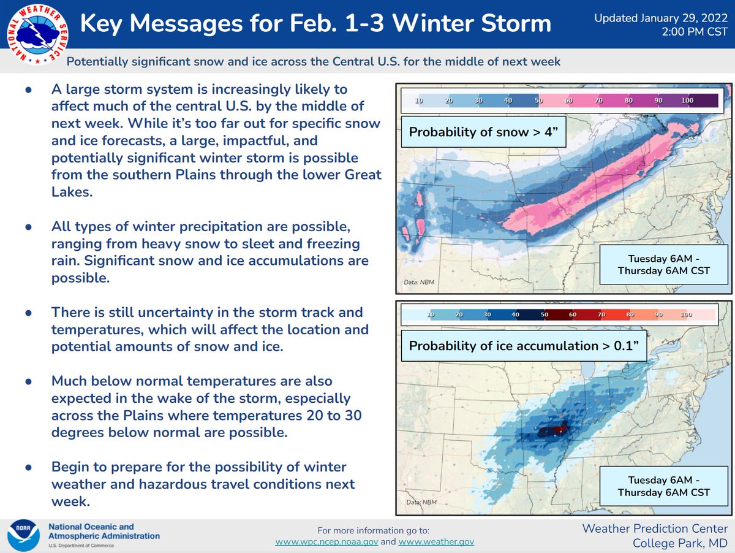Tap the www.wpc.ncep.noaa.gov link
(x=334, y=542)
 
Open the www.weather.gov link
(x=435, y=542)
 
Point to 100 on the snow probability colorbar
(x=687, y=100)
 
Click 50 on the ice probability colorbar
(x=544, y=315)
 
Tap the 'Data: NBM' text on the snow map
(x=418, y=282)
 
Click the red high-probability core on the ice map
(x=554, y=430)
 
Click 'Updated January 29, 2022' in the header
(x=660, y=18)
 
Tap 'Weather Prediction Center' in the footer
(x=655, y=528)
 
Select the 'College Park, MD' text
(x=680, y=544)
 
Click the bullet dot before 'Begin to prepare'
(x=29, y=467)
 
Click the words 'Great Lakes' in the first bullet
(x=345, y=175)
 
